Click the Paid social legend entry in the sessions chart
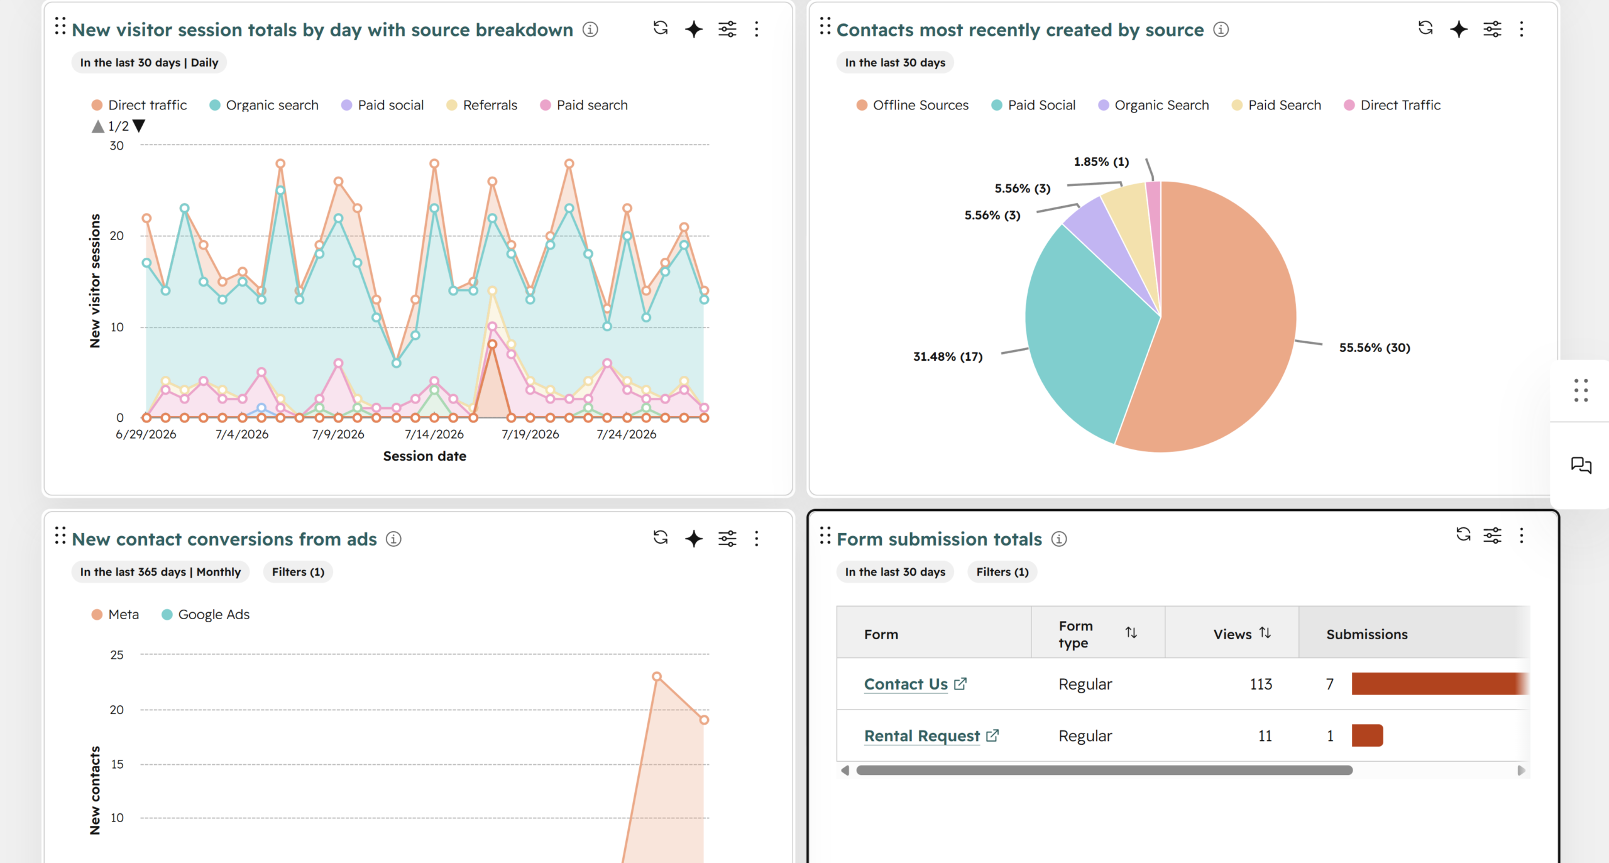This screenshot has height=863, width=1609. [382, 105]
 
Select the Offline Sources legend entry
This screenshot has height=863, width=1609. [912, 105]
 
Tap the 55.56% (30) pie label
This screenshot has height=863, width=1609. [1375, 348]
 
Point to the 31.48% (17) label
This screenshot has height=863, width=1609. [948, 356]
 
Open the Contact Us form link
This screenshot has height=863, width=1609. [906, 684]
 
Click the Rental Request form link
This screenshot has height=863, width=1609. [922, 735]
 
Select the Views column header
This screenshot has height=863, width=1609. [1233, 634]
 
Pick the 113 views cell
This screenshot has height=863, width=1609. [1261, 684]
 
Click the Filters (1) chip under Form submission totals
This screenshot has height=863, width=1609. [1002, 572]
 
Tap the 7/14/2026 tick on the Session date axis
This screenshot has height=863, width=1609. [434, 434]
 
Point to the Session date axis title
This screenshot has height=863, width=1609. [425, 456]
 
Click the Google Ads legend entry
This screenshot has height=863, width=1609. [206, 615]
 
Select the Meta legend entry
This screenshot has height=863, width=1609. [115, 615]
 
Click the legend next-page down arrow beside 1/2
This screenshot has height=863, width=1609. [139, 126]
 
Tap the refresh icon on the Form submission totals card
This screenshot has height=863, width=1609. [1463, 534]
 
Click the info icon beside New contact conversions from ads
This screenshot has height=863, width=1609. [393, 539]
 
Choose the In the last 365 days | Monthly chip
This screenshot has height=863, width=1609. [160, 572]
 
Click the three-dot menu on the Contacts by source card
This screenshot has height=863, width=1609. [1522, 29]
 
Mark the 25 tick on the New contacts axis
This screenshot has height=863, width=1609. [117, 655]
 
